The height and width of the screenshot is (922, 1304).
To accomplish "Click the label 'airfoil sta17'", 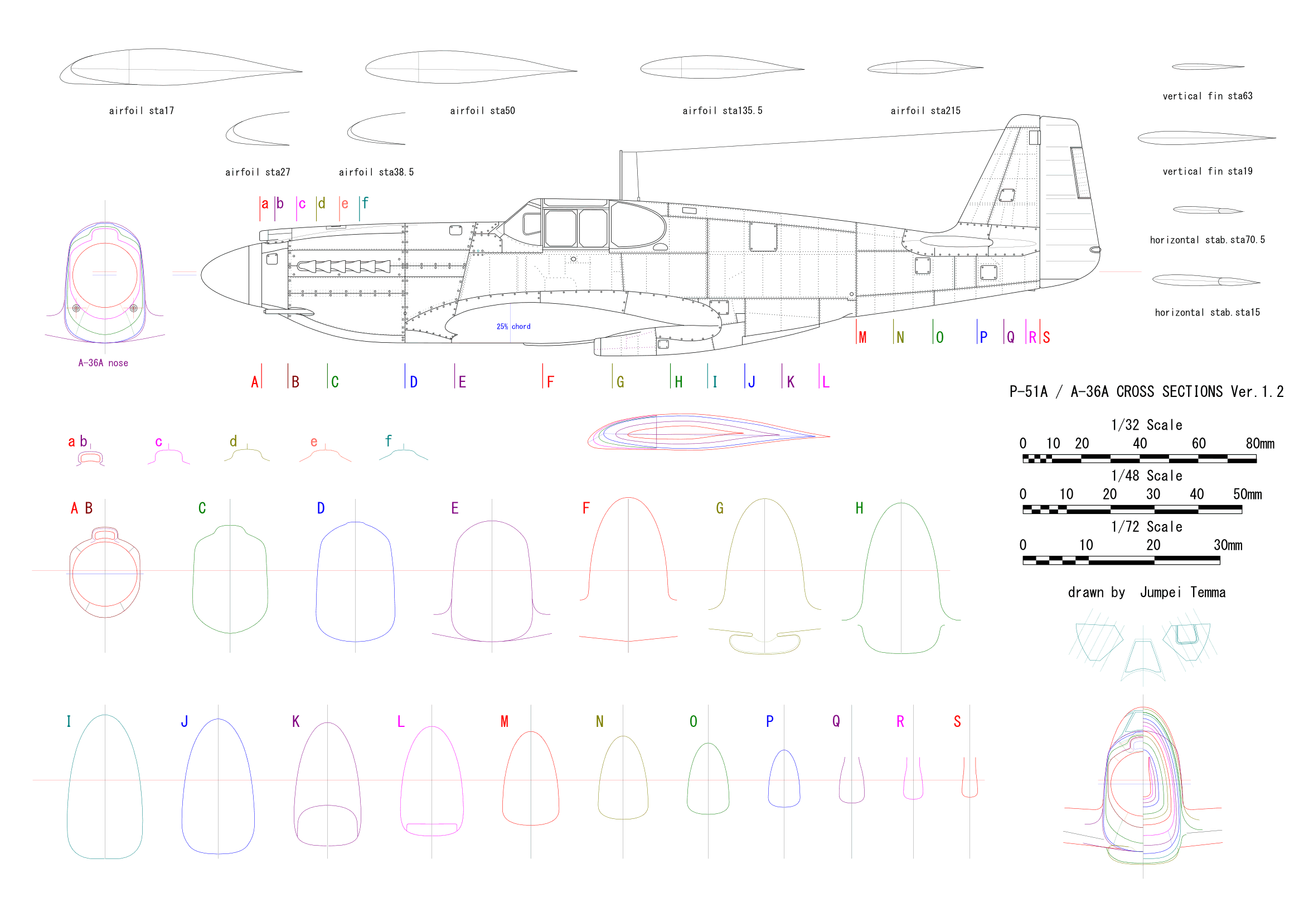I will [142, 111].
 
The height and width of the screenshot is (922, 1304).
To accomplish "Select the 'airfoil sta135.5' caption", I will [722, 111].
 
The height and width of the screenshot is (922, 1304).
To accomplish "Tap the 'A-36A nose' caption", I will [103, 363].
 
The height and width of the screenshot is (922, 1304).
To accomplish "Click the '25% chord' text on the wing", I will [513, 327].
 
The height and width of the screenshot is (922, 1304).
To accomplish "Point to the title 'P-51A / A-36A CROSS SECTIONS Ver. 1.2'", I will [1146, 392].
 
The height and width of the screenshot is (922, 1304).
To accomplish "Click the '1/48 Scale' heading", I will [1146, 475].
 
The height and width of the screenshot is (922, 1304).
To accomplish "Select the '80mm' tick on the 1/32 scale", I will [1260, 444].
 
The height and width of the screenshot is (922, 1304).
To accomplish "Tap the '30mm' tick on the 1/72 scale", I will [1227, 546].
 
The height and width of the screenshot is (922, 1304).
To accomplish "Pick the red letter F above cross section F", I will [586, 508].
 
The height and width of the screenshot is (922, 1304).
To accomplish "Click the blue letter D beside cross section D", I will [321, 509].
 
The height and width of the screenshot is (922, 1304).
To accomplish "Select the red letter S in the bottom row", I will [957, 721].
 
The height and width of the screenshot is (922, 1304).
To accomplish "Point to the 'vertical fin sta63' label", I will [1207, 96].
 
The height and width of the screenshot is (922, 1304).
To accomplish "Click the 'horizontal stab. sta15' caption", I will [1207, 312].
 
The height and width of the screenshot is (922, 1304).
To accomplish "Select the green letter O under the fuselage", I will [939, 338].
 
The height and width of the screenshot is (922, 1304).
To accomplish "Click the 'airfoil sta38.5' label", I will [376, 172].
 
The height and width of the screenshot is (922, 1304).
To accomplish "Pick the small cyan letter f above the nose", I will [365, 203].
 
